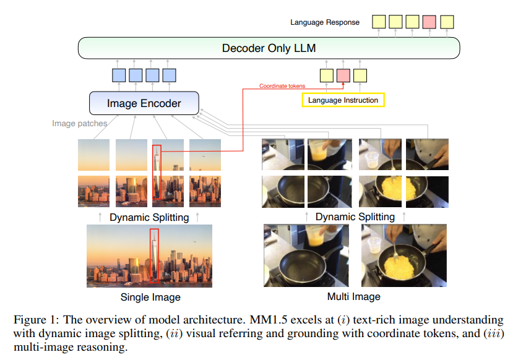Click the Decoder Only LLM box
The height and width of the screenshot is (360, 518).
[x=269, y=48]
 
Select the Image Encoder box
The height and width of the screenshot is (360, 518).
[x=144, y=103]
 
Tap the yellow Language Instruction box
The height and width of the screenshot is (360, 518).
[x=343, y=100]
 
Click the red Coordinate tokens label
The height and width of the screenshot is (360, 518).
[x=282, y=86]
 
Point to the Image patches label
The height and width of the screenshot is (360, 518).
[x=80, y=124]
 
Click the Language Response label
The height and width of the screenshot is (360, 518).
[x=325, y=22]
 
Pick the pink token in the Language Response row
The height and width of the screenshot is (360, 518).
[x=429, y=22]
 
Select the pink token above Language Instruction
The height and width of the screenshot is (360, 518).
[x=343, y=75]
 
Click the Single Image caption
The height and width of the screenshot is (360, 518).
[x=150, y=298]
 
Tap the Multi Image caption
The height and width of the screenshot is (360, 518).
[x=354, y=296]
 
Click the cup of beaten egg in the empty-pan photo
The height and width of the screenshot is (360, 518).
[x=315, y=236]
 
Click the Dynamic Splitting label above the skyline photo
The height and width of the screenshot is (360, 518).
[x=149, y=217]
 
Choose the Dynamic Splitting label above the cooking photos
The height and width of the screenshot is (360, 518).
[x=355, y=216]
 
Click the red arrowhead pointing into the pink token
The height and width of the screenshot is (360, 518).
[x=343, y=85]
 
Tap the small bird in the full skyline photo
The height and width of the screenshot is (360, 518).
[x=194, y=242]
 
